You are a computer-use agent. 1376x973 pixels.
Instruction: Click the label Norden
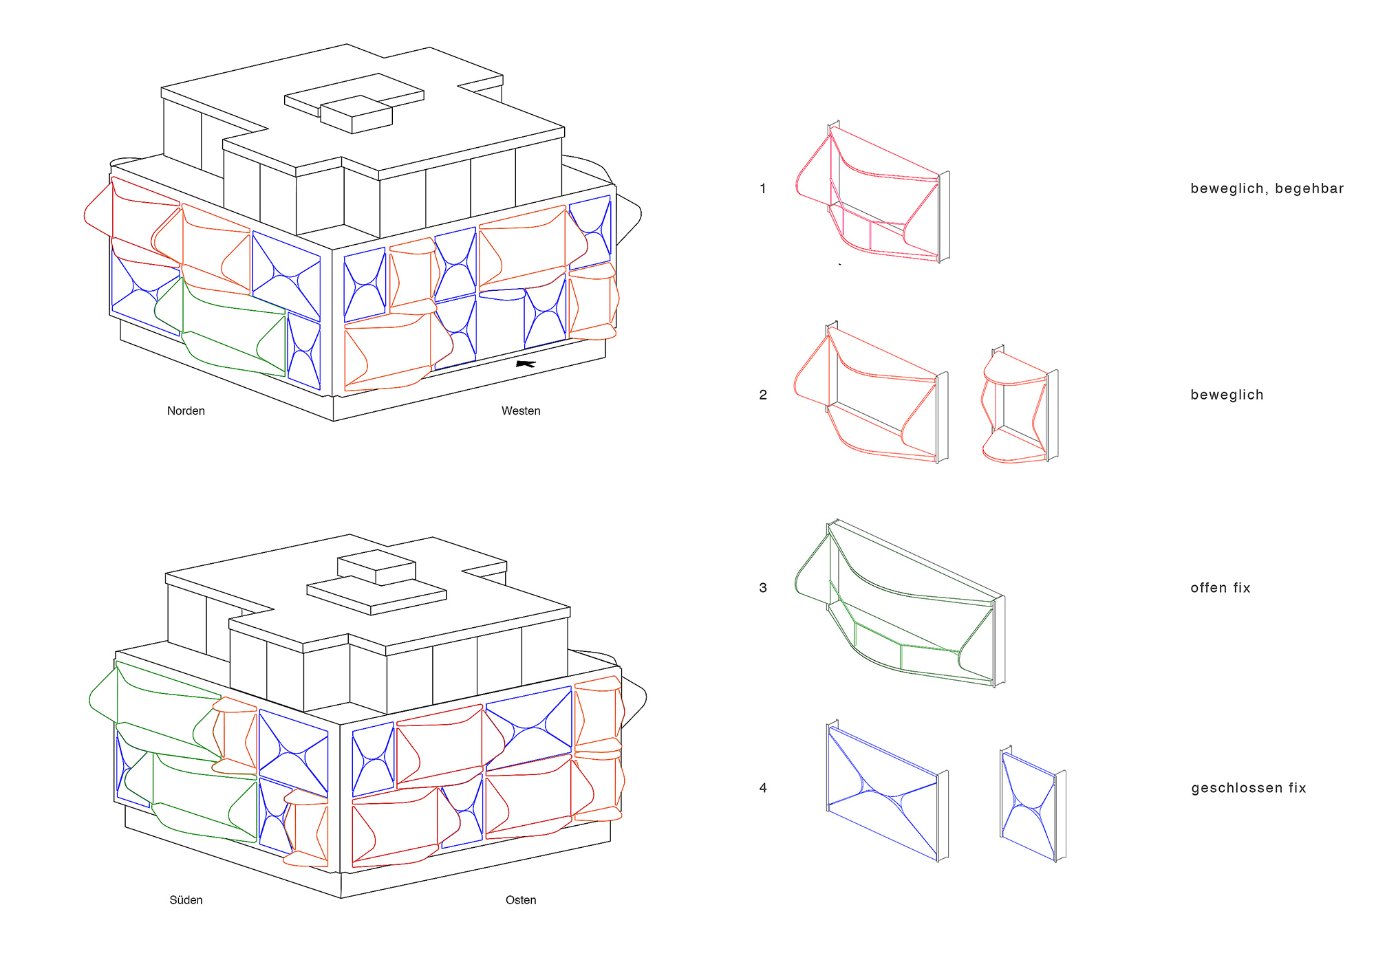186,411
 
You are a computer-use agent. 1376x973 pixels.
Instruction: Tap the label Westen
521,411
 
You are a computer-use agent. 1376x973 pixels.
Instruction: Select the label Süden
186,900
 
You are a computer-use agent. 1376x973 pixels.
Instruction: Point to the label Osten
521,900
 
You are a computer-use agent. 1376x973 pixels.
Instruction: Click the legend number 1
762,188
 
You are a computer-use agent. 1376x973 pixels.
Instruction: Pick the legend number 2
762,395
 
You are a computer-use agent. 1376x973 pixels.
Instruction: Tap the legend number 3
762,588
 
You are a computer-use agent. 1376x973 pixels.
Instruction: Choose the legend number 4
762,788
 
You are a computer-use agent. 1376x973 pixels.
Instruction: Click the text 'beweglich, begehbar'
1267,188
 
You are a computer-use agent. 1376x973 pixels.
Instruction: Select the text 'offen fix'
1221,588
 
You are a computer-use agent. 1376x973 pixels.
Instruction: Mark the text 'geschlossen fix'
1249,788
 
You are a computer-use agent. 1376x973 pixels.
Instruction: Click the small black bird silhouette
526,364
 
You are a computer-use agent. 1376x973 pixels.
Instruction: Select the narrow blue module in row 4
1032,805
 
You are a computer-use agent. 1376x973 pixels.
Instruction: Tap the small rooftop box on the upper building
356,114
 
